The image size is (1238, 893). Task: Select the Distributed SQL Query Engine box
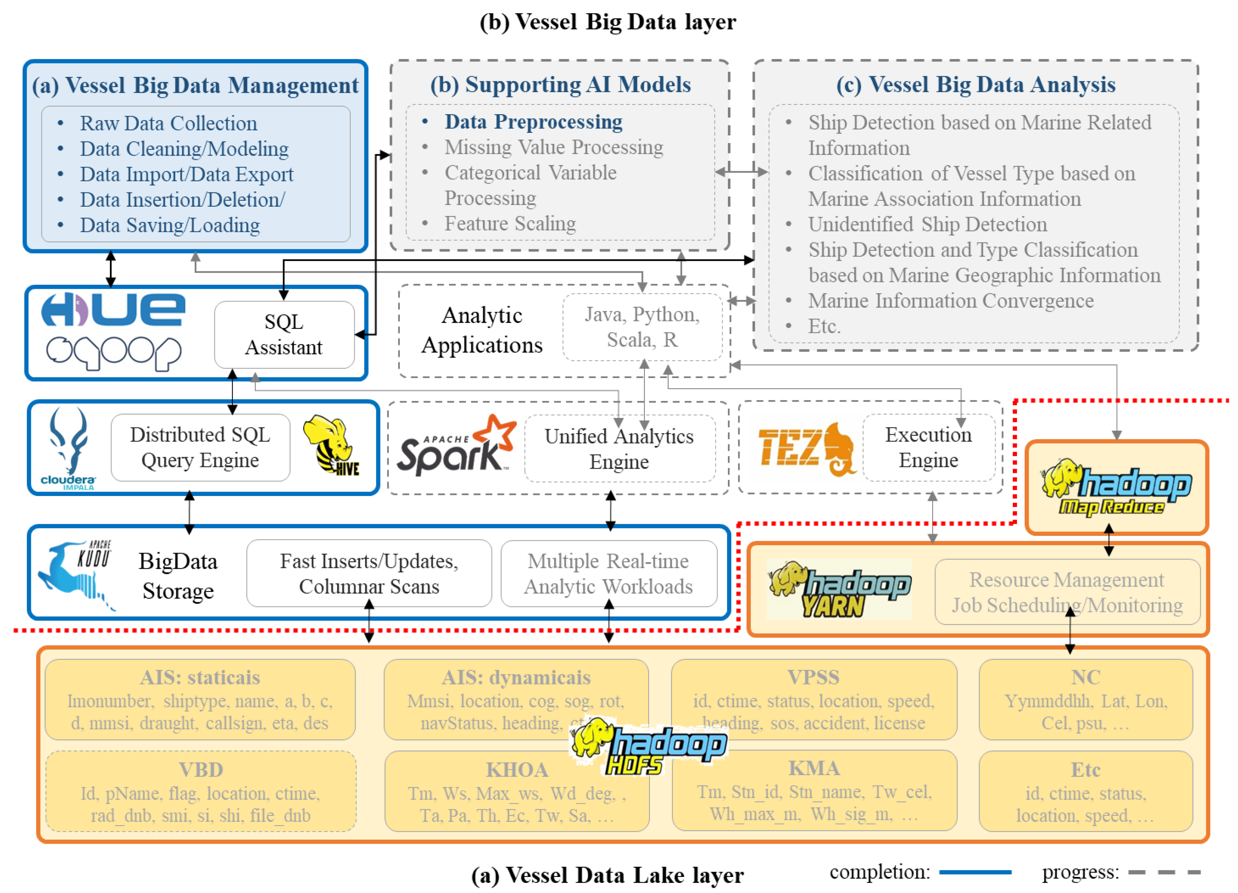tap(200, 447)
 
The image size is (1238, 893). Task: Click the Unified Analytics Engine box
tap(619, 449)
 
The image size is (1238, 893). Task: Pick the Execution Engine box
tap(928, 447)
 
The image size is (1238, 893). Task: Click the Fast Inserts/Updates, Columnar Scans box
tap(369, 574)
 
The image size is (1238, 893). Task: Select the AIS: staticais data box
tap(200, 700)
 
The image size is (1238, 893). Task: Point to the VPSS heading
tap(813, 677)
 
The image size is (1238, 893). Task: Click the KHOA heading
tap(517, 769)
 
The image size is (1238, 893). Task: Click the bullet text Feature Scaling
tap(510, 224)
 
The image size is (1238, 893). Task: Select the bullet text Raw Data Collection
tap(169, 124)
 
